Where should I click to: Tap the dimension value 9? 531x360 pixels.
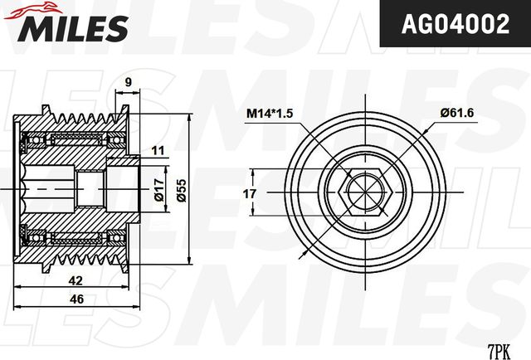(129, 81)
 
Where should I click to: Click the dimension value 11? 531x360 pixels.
(158, 150)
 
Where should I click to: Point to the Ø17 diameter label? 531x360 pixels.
(158, 192)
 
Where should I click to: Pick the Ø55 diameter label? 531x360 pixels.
(178, 192)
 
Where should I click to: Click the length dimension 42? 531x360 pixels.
(75, 280)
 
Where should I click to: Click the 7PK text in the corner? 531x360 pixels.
(498, 351)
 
